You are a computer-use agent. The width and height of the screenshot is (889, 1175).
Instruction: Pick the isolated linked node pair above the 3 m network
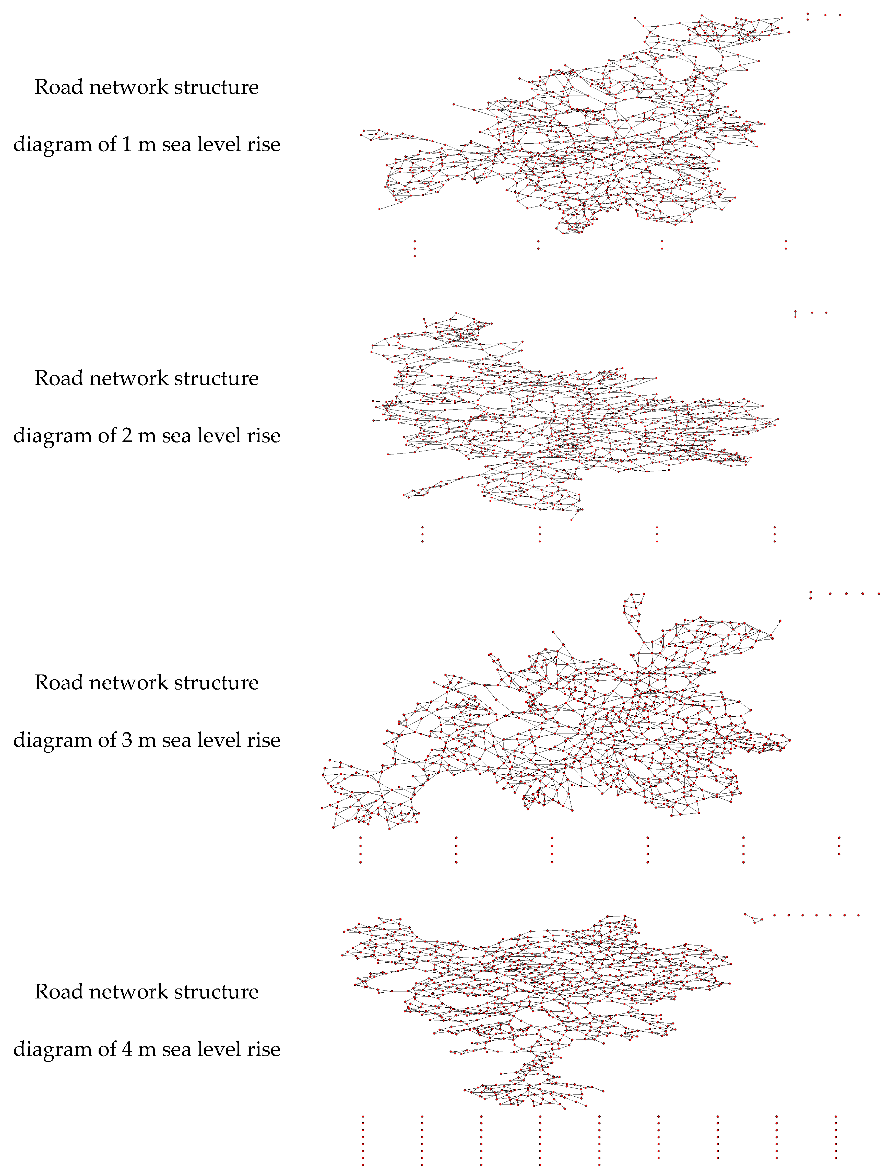click(810, 595)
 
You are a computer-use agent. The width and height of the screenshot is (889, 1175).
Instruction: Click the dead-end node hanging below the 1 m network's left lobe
click(379, 209)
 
